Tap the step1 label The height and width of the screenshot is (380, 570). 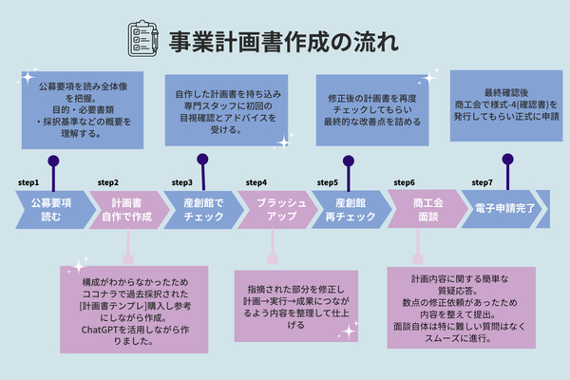pos(28,181)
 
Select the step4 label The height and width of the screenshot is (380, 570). pos(256,181)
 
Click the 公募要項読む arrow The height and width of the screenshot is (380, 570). pos(49,209)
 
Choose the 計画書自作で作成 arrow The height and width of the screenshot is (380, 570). pos(127,209)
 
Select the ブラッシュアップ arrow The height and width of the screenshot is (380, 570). pos(275,209)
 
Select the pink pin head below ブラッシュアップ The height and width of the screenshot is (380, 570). pos(273,257)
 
